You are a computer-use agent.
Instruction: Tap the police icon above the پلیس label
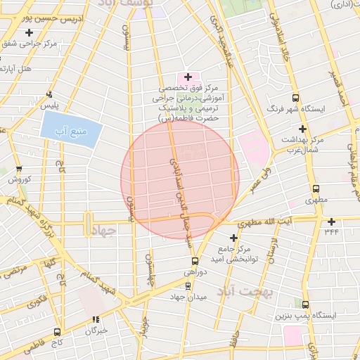tap(49, 94)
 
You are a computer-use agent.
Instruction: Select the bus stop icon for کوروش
tap(18, 169)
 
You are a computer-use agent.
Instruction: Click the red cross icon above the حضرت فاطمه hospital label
tap(188, 76)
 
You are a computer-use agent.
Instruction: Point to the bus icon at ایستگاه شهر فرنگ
tap(295, 98)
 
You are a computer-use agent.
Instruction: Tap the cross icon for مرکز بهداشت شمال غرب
tap(302, 129)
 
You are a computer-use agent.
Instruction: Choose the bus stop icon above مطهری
tap(316, 188)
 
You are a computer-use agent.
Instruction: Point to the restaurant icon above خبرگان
tap(96, 320)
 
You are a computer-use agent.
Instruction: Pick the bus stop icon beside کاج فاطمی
tap(58, 331)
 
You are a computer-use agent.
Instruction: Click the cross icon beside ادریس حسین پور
tap(29, 33)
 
